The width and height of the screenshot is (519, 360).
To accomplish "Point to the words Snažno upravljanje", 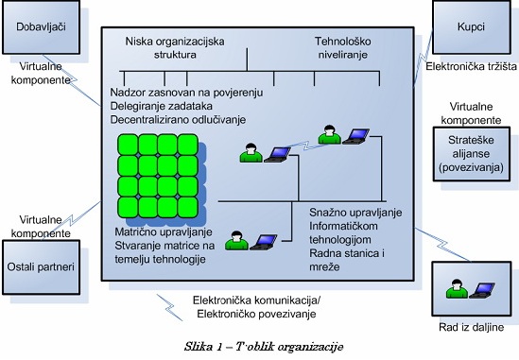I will [x=355, y=213].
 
